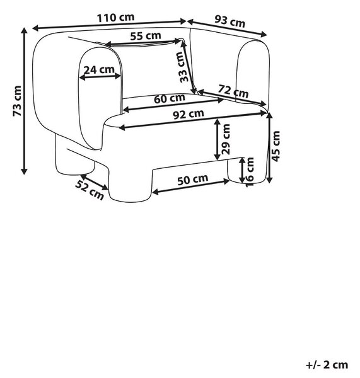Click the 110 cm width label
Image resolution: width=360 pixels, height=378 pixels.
click(115, 18)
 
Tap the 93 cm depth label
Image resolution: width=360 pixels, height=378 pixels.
click(229, 21)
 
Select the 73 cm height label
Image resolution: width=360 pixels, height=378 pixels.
click(18, 101)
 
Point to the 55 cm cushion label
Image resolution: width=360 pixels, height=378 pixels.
click(146, 36)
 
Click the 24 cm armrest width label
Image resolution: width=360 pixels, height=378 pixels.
click(99, 70)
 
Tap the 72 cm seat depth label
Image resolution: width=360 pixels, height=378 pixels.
click(233, 91)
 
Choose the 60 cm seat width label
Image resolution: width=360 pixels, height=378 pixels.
click(170, 98)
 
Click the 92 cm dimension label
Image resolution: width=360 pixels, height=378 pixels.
click(189, 114)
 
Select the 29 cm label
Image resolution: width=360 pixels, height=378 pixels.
click(226, 139)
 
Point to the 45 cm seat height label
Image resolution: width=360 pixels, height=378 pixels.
click(276, 146)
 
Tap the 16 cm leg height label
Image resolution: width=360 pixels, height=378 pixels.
click(250, 172)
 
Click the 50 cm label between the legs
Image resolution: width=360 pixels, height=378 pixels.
click(192, 180)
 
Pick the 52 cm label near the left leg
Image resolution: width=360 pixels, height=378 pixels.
click(90, 190)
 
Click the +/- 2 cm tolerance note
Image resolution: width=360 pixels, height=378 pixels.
click(327, 365)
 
